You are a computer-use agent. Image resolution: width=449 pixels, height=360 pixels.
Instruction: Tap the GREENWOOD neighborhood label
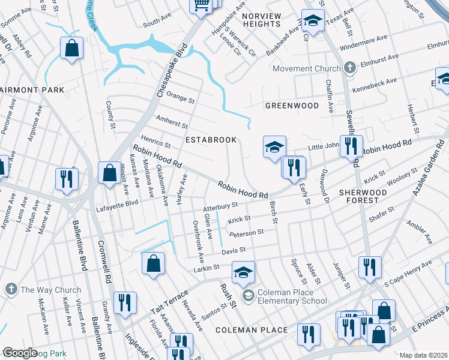pyautogui.click(x=292, y=106)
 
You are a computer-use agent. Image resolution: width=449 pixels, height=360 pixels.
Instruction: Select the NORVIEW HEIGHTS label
pyautogui.click(x=261, y=19)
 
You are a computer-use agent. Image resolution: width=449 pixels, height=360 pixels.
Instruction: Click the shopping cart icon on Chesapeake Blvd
pyautogui.click(x=201, y=5)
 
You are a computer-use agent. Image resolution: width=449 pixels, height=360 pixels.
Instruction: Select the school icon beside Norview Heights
pyautogui.click(x=312, y=22)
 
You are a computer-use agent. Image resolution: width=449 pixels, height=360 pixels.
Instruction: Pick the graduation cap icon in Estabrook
pyautogui.click(x=273, y=147)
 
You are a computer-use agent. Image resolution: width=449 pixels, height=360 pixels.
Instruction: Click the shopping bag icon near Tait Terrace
pyautogui.click(x=153, y=263)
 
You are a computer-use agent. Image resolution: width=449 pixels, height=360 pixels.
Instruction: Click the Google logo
pyautogui.click(x=19, y=353)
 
